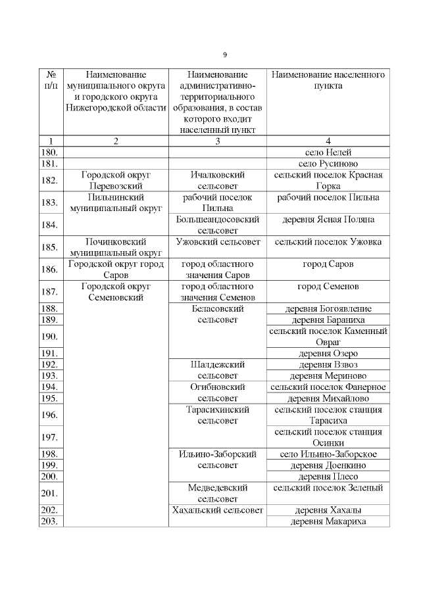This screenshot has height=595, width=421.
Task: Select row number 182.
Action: coord(49,181)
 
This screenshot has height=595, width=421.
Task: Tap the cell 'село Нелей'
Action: coord(328,152)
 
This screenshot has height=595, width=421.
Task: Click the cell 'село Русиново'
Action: coord(328,163)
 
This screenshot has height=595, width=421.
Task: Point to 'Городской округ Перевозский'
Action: coord(116,181)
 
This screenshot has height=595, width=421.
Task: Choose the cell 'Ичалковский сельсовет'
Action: coord(217,181)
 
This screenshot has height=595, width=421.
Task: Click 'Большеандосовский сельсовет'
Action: coord(217,225)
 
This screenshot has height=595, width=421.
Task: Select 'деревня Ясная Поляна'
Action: coord(328,220)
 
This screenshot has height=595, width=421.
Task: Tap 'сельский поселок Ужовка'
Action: coord(328,242)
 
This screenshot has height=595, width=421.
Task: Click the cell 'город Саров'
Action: coord(328,264)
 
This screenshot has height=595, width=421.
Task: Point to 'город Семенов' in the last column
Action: coord(328,287)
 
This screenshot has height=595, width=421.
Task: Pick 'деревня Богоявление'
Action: coord(328,308)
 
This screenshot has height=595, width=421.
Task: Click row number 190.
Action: coord(49,337)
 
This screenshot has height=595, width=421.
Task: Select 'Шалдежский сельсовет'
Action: coord(217,369)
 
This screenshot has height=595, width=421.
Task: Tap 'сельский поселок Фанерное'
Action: coord(328,387)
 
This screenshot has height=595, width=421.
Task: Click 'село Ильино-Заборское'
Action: coord(328,454)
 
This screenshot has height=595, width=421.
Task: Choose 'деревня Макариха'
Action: coord(328,521)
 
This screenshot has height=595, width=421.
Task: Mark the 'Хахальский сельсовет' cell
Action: coord(217,510)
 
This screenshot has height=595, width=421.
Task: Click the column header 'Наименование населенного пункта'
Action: coord(328,81)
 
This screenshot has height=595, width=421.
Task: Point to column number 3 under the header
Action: coord(217,141)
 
